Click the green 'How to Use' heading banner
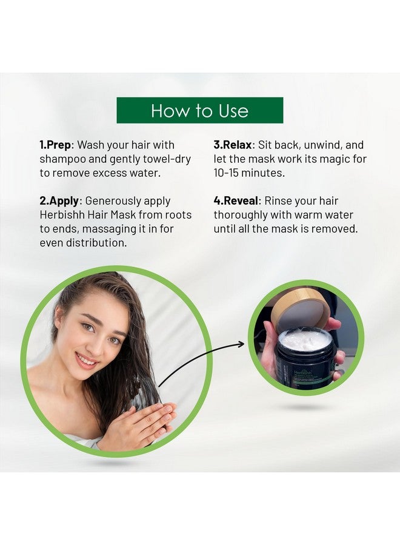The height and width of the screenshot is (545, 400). (199, 110)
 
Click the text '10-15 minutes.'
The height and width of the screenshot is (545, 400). (249, 173)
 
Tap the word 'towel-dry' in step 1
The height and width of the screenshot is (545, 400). (167, 159)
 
